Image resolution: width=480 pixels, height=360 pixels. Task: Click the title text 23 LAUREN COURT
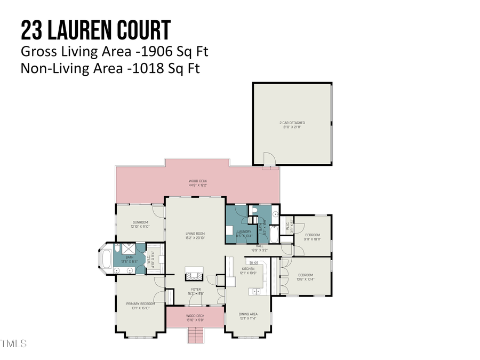pos(96,30)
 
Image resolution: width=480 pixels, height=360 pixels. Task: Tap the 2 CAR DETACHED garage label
pos(292,124)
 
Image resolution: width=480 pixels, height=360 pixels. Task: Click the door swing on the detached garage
pos(269,158)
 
